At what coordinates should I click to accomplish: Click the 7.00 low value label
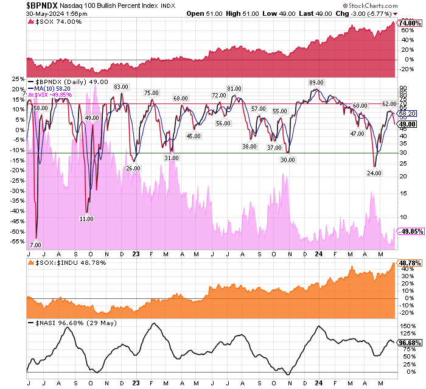click(x=35, y=244)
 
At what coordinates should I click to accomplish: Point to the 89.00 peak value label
click(x=316, y=82)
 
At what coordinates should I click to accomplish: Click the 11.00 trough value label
click(x=87, y=219)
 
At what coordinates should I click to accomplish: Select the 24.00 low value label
click(x=374, y=173)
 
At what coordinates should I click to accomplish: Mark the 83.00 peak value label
click(x=121, y=86)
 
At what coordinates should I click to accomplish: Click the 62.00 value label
click(x=389, y=104)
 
